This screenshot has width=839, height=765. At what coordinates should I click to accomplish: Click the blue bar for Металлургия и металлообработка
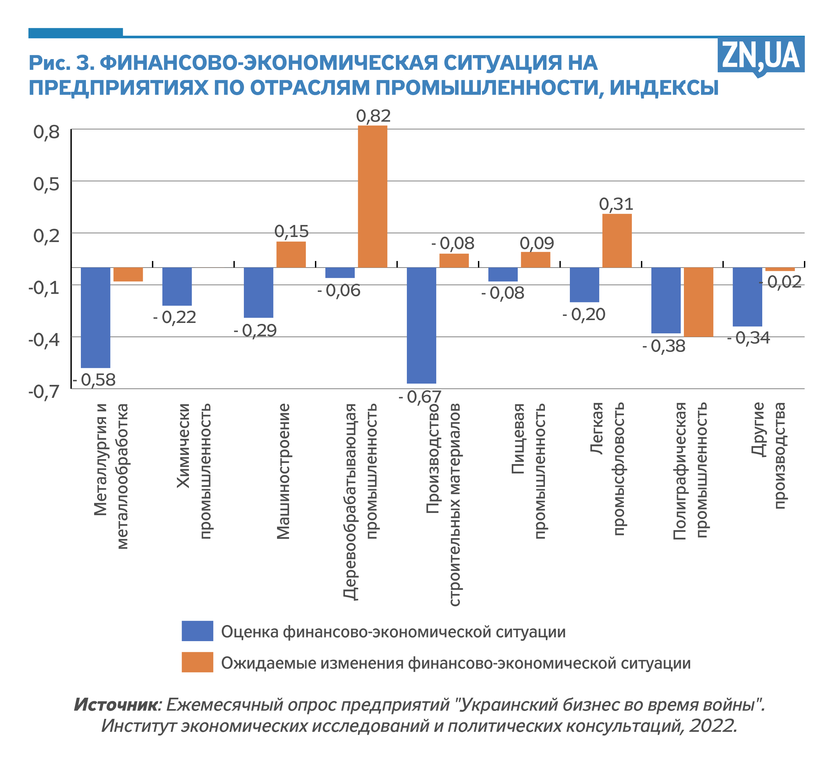(x=95, y=317)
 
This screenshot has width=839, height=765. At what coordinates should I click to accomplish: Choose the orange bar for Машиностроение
(x=291, y=254)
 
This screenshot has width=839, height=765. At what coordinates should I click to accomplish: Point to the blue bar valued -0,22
(x=177, y=286)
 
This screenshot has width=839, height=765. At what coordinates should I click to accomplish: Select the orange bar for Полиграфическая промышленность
(x=698, y=302)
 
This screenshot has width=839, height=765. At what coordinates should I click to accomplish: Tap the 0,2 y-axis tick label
(x=47, y=236)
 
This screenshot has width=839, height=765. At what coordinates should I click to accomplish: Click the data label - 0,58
(x=94, y=379)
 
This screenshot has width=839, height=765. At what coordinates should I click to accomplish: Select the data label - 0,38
(x=663, y=346)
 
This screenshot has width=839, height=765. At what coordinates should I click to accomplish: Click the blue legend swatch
(x=197, y=631)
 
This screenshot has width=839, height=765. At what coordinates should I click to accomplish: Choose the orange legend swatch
(x=197, y=662)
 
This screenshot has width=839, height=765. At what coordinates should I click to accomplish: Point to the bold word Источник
(x=116, y=704)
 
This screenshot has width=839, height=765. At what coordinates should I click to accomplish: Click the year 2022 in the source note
(x=712, y=726)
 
